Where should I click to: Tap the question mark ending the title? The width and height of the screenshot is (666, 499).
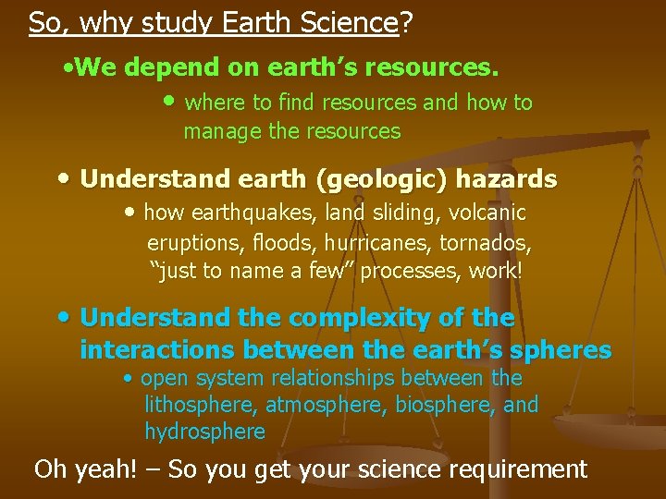tap(406, 22)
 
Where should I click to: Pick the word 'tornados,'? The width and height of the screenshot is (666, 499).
tap(490, 243)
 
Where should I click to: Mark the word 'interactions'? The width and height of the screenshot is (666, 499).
tap(158, 350)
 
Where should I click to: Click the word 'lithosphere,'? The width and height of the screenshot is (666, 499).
tap(202, 405)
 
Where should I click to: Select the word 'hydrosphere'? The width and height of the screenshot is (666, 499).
tap(204, 432)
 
